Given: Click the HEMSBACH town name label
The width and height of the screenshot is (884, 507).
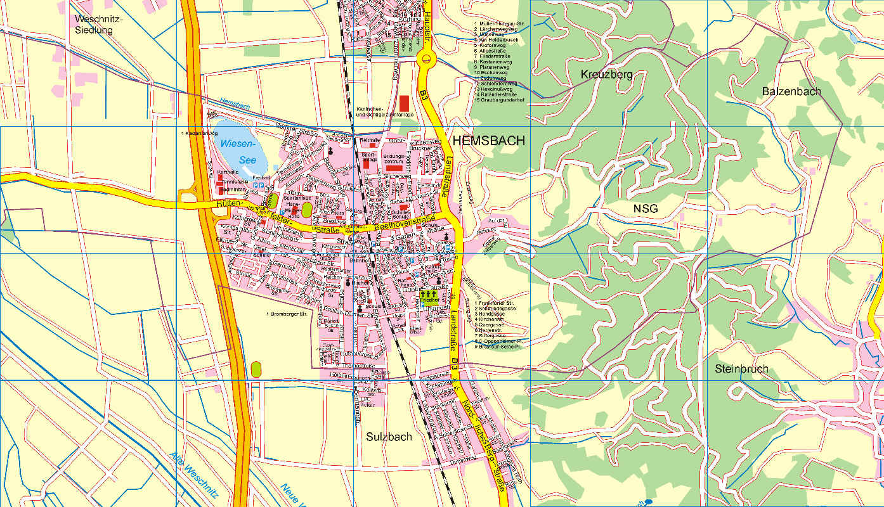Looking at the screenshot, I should pos(488,141).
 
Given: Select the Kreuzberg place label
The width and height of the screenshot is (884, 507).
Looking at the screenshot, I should pos(606,75).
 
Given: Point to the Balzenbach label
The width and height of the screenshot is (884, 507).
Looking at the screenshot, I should pos(791,91).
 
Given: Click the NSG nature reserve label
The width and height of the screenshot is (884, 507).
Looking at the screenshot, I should pos(646,209).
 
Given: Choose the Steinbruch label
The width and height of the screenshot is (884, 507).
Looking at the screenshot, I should pos(741,369).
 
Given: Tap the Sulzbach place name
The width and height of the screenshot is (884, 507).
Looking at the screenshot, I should pos(389,437).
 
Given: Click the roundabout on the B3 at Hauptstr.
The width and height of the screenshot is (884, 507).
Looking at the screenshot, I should pos(427,60).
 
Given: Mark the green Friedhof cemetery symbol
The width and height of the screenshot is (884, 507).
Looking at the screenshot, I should pos(429,297).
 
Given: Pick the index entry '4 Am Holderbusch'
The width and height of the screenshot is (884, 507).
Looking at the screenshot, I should pos(496,40).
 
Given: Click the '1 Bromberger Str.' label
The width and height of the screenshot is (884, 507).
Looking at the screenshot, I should pos(286,314).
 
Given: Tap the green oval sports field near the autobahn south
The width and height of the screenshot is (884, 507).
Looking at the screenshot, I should pos(256,369).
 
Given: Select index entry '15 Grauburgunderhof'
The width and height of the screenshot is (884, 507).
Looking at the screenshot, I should pos(499,100).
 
